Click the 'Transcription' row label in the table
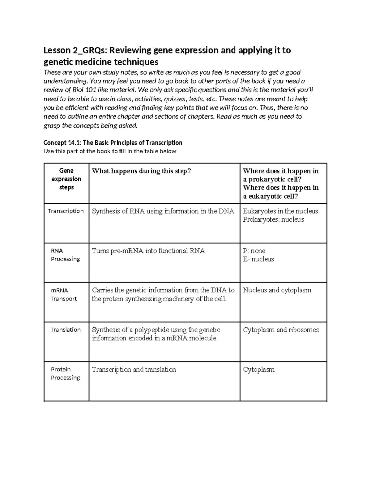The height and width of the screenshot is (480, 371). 66,211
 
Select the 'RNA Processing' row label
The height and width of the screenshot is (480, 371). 65,255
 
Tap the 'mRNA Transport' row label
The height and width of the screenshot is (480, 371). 63,295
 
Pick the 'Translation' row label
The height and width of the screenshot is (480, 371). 66,330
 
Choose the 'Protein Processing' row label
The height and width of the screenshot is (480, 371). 65,373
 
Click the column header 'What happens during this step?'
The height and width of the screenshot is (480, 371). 142,171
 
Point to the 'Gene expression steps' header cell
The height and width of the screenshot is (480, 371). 66,179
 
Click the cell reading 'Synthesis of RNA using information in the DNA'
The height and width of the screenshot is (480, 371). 163,211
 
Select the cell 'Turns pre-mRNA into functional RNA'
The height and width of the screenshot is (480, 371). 148,251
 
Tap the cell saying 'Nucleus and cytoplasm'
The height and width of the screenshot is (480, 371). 277,290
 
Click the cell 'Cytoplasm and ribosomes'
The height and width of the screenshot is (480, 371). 281,330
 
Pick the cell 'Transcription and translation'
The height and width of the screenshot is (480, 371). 134,370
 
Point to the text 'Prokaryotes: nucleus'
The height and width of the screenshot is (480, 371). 273,220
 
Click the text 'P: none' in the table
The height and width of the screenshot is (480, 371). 254,251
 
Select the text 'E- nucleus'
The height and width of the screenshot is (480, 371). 258,259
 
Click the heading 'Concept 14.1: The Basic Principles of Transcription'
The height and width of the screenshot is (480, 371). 113,143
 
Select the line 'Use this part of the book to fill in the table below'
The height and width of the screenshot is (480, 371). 110,151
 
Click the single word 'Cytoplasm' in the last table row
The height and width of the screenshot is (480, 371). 258,370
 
